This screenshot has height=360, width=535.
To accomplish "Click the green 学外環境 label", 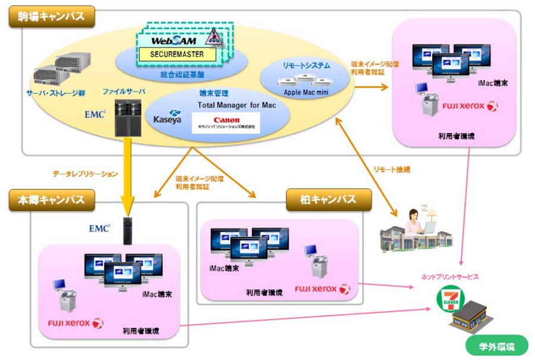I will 496,346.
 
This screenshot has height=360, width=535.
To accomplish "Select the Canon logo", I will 226,120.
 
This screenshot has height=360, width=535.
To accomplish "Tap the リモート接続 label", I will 392,169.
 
